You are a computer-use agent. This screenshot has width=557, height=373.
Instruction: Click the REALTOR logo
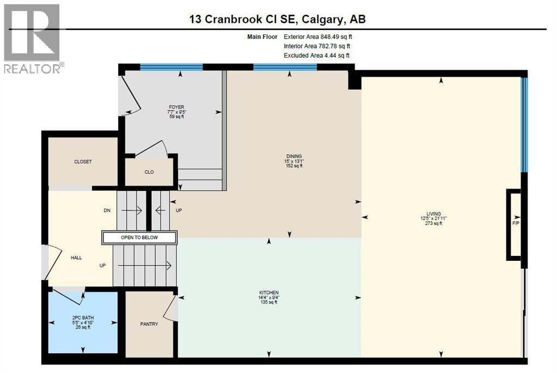point(32,38)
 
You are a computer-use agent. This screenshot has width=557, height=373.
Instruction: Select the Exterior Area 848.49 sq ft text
point(321,37)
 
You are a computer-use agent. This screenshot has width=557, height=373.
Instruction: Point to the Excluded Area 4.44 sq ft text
point(317,56)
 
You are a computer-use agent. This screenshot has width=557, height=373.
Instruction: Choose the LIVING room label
point(434,214)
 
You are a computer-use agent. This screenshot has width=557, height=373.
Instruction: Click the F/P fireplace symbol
point(515,224)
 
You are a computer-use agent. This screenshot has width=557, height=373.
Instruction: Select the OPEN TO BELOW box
point(139,237)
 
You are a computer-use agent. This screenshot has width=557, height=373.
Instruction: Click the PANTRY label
point(149,325)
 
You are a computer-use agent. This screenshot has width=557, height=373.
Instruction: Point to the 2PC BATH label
point(83,317)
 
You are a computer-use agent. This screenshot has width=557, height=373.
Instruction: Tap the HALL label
point(76,258)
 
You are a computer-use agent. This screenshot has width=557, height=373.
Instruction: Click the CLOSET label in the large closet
point(83,162)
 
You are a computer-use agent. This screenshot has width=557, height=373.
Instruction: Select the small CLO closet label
point(149,172)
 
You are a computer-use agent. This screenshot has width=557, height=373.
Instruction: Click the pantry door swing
point(171,308)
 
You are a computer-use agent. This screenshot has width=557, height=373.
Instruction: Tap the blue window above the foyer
point(171,67)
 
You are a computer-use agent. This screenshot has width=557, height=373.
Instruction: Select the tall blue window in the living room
point(524,125)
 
